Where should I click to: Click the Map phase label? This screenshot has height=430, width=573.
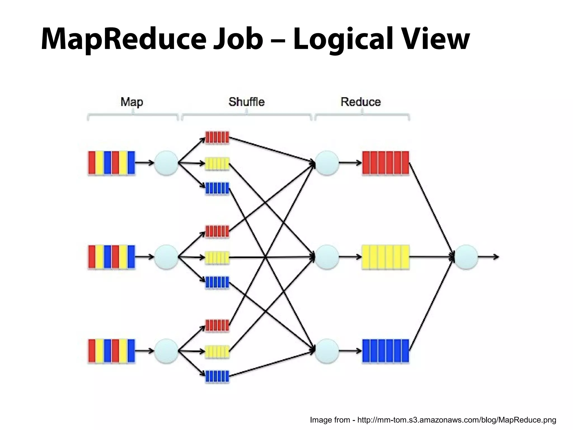132,102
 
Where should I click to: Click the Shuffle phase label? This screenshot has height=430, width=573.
246,102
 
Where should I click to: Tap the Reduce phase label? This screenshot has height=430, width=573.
361,102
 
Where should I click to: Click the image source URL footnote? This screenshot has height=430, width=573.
433,420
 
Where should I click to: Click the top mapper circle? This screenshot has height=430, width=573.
166,163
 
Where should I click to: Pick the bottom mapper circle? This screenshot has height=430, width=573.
166,351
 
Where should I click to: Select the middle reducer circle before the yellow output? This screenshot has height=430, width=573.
327,257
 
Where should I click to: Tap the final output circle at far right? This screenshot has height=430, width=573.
466,257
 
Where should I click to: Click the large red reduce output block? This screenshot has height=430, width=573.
386,163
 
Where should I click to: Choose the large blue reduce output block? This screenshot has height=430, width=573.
386,351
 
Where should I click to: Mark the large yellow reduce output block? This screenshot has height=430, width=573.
386,257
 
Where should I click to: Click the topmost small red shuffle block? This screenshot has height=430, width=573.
217,137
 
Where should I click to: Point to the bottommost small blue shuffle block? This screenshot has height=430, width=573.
217,377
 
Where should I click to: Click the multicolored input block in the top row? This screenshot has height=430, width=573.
111,163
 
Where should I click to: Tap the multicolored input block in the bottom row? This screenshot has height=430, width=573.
111,351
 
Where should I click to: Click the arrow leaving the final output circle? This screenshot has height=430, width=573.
488,257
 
